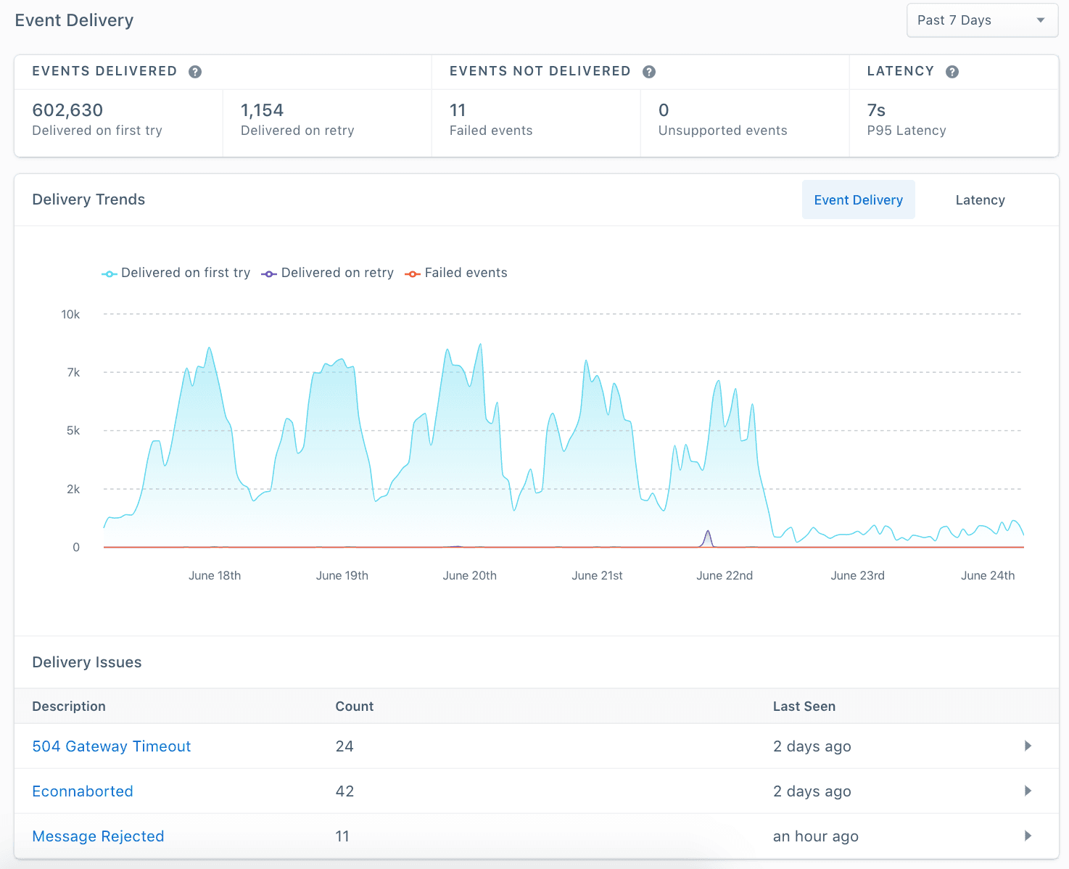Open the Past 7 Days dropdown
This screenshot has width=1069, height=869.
point(982,20)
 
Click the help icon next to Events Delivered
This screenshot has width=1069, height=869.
point(195,72)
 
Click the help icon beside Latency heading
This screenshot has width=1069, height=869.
point(952,72)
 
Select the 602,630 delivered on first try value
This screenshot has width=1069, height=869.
point(68,110)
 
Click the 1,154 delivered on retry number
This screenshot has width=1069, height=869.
point(262,110)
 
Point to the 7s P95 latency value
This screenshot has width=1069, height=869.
point(876,110)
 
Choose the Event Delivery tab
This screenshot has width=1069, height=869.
point(858,200)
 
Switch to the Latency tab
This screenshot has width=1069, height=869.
point(980,200)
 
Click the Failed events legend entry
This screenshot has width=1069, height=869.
point(457,273)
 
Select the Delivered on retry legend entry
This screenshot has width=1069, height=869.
point(328,273)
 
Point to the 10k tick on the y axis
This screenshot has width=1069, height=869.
point(70,314)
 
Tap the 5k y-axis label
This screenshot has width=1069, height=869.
point(73,431)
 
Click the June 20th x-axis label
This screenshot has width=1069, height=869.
point(470,575)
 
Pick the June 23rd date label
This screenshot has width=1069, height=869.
point(857,575)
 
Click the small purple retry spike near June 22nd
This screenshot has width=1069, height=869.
point(708,538)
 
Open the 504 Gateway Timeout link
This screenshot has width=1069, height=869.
point(112,746)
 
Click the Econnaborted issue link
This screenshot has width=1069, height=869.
point(83,791)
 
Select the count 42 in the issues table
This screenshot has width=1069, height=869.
point(344,791)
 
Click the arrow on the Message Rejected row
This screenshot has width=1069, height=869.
point(1028,836)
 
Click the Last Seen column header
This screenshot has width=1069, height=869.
point(804,707)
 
